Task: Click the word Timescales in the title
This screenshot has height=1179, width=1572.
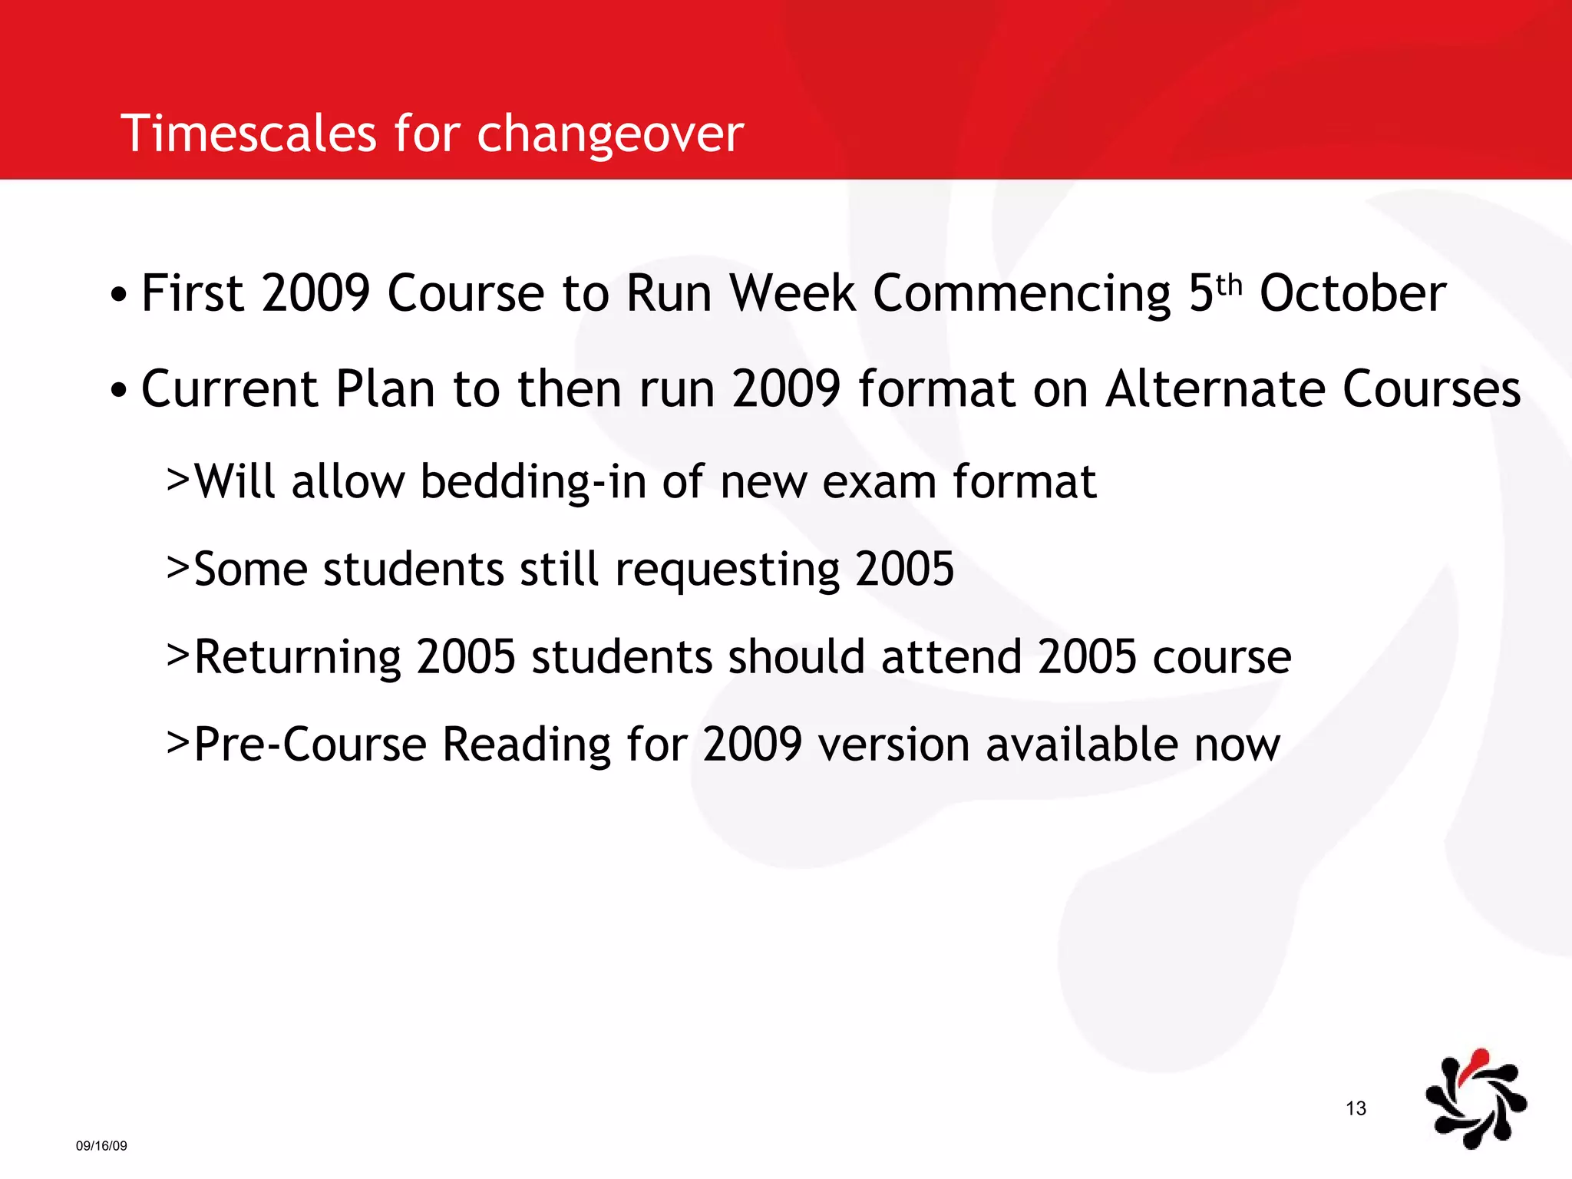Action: pos(248,134)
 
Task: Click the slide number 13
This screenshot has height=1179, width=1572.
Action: pos(1356,1108)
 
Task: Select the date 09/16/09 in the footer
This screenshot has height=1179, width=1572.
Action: pos(101,1146)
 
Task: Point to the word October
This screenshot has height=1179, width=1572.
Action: pos(1352,294)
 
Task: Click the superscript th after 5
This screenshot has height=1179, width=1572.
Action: pos(1229,284)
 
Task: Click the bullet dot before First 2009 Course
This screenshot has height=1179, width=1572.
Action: pos(117,296)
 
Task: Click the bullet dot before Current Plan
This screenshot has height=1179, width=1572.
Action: pos(117,391)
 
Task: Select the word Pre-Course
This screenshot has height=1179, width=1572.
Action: pos(309,745)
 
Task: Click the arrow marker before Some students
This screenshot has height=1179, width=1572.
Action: pos(177,569)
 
